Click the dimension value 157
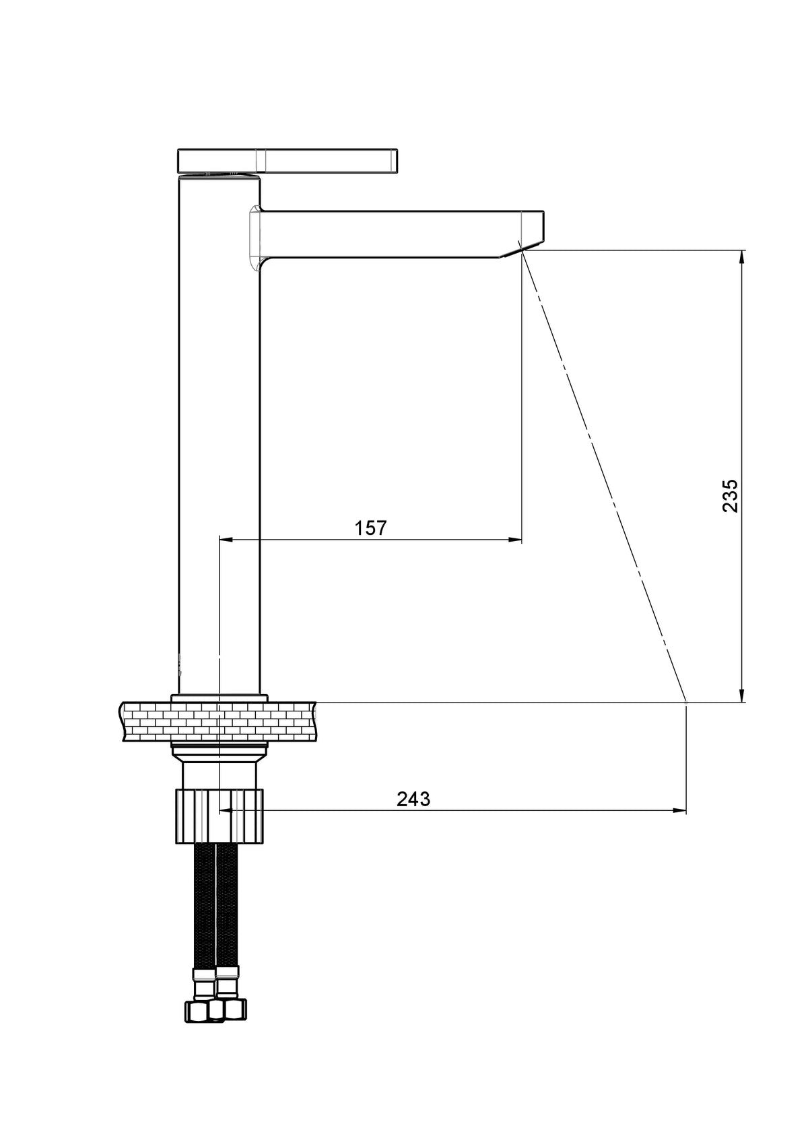(x=371, y=528)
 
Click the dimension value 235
(x=730, y=495)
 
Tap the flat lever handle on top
(x=288, y=161)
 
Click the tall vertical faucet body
(x=220, y=433)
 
